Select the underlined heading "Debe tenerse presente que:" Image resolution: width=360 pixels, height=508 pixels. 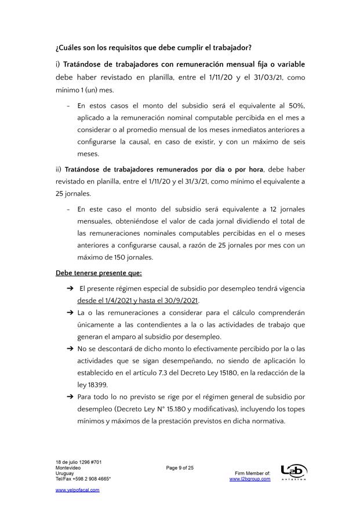pyautogui.click(x=99, y=272)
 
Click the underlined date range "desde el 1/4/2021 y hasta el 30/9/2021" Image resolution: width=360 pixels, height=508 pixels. pyautogui.click(x=138, y=300)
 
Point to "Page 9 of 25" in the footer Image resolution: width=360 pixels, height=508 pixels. pyautogui.click(x=179, y=467)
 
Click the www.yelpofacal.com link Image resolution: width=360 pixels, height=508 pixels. pyautogui.click(x=77, y=490)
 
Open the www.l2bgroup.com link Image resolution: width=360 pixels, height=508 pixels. pyautogui.click(x=250, y=479)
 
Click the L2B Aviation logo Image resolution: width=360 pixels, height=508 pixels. pyautogui.click(x=293, y=472)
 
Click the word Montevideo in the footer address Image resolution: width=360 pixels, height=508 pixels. pyautogui.click(x=68, y=467)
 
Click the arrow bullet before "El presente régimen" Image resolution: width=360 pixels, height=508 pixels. pyautogui.click(x=70, y=288)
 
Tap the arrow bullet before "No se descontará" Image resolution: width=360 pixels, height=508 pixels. pyautogui.click(x=70, y=349)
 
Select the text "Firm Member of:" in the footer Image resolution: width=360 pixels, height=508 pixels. pyautogui.click(x=253, y=473)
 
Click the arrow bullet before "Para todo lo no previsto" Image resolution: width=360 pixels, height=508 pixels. pyautogui.click(x=70, y=397)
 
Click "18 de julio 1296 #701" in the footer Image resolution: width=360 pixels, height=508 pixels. pyautogui.click(x=79, y=462)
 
